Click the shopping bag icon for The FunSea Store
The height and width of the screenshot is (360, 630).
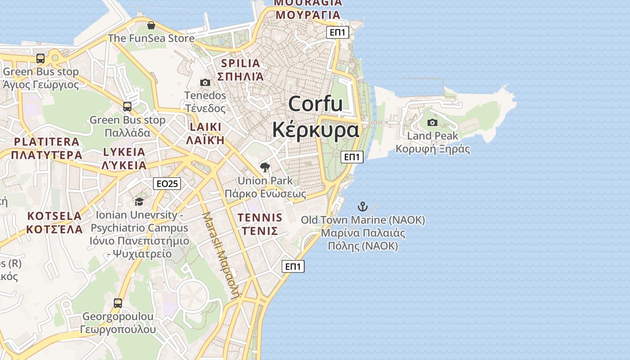(x=151, y=25)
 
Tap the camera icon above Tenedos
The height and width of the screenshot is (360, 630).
(x=205, y=82)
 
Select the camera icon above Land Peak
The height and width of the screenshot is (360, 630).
(x=432, y=122)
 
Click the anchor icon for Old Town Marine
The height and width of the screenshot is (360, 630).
(x=363, y=207)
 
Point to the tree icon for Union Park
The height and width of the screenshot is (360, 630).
(x=265, y=167)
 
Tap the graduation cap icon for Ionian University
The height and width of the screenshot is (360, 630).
(x=139, y=202)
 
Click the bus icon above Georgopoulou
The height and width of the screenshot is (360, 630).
(x=118, y=303)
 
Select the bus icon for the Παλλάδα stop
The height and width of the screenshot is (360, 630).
(x=127, y=107)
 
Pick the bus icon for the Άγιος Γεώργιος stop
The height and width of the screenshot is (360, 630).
(x=40, y=58)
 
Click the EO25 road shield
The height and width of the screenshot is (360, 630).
(x=167, y=183)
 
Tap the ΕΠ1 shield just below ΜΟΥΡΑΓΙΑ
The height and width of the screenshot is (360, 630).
(x=338, y=32)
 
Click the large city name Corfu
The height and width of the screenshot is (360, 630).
(x=315, y=104)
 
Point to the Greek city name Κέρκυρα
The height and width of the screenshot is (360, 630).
(x=315, y=130)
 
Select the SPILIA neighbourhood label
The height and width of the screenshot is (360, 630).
(x=241, y=63)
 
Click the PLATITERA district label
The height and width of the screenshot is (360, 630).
(x=47, y=142)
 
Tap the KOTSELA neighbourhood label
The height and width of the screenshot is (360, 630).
(x=54, y=216)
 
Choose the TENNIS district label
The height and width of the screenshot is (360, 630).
(x=260, y=218)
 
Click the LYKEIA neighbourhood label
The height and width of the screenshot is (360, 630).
(x=124, y=152)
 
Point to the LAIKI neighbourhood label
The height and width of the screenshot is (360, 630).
(x=206, y=127)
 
